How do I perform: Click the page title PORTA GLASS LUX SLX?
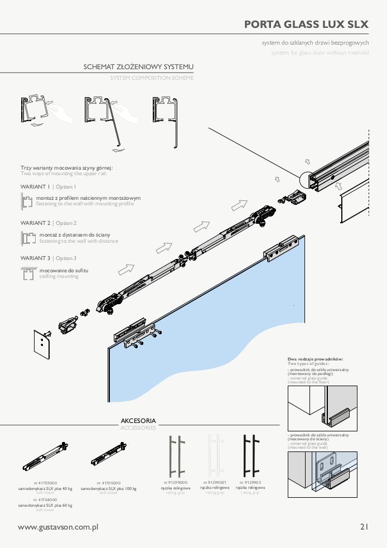click(306, 25)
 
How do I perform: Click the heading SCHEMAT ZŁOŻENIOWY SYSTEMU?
click(139, 67)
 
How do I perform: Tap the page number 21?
click(365, 526)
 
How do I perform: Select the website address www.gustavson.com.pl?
click(58, 527)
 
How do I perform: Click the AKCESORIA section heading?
click(138, 420)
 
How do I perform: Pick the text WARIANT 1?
click(35, 187)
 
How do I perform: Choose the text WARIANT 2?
click(35, 223)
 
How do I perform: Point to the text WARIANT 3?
click(35, 258)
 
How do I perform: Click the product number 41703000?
click(45, 483)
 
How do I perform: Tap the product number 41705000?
click(108, 483)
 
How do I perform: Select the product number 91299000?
click(176, 482)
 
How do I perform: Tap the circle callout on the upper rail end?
click(308, 181)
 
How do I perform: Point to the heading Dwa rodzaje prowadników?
click(315, 359)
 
